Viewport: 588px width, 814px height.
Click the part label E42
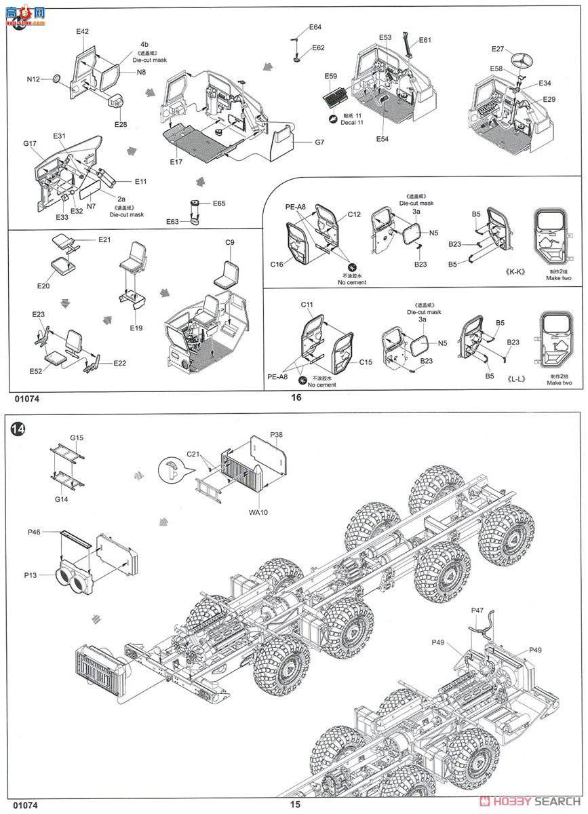82,31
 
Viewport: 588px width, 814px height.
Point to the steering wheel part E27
522,61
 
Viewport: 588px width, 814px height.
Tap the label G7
319,143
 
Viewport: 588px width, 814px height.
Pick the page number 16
295,398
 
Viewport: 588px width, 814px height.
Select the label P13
31,575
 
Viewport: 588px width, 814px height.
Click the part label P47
478,610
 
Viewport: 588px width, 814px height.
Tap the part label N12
34,79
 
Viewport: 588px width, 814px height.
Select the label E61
425,40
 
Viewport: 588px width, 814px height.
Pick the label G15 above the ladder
77,438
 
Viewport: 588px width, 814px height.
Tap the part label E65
219,203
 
